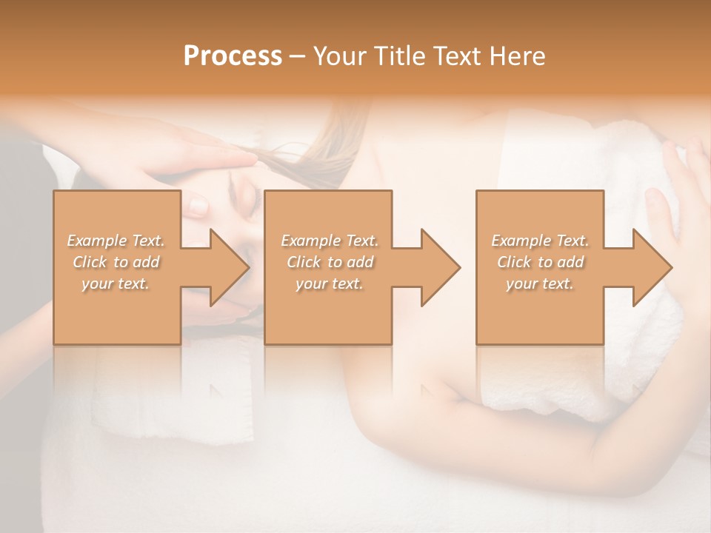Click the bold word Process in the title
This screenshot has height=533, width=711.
pos(233,56)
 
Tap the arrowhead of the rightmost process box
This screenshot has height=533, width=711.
pos(652,267)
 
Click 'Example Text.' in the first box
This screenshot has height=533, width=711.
pos(116,241)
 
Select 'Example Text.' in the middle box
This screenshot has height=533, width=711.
pos(330,241)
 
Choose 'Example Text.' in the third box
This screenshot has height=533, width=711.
pos(540,241)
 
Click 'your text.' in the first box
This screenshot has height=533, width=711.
pos(116,284)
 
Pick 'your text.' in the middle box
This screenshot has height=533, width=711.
pos(330,284)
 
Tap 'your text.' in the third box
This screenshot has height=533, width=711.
pos(540,284)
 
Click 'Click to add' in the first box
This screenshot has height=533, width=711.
pos(116,262)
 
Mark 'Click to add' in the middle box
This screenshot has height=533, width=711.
pos(330,262)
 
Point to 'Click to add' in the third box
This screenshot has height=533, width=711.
pos(540,262)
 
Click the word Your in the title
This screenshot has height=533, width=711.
pos(338,56)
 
